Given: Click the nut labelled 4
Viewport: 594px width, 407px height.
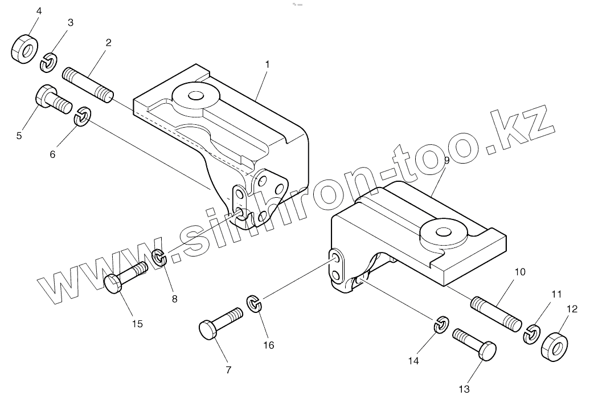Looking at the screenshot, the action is coord(24,48).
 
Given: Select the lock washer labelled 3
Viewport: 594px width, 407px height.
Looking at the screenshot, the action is coord(49,62).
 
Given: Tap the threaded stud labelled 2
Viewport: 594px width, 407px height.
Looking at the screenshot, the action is coord(88,85).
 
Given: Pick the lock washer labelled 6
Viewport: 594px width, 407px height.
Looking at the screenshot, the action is coord(83,117).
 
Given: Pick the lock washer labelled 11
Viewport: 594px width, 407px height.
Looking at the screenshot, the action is coord(532,334).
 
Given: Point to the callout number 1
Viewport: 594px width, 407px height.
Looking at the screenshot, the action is coord(267,64).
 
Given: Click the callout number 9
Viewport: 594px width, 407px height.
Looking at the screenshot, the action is coord(446,161).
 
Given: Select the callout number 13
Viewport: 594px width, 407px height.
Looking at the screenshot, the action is coord(464,389).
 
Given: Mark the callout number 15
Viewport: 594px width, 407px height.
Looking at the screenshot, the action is coord(137,324).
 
